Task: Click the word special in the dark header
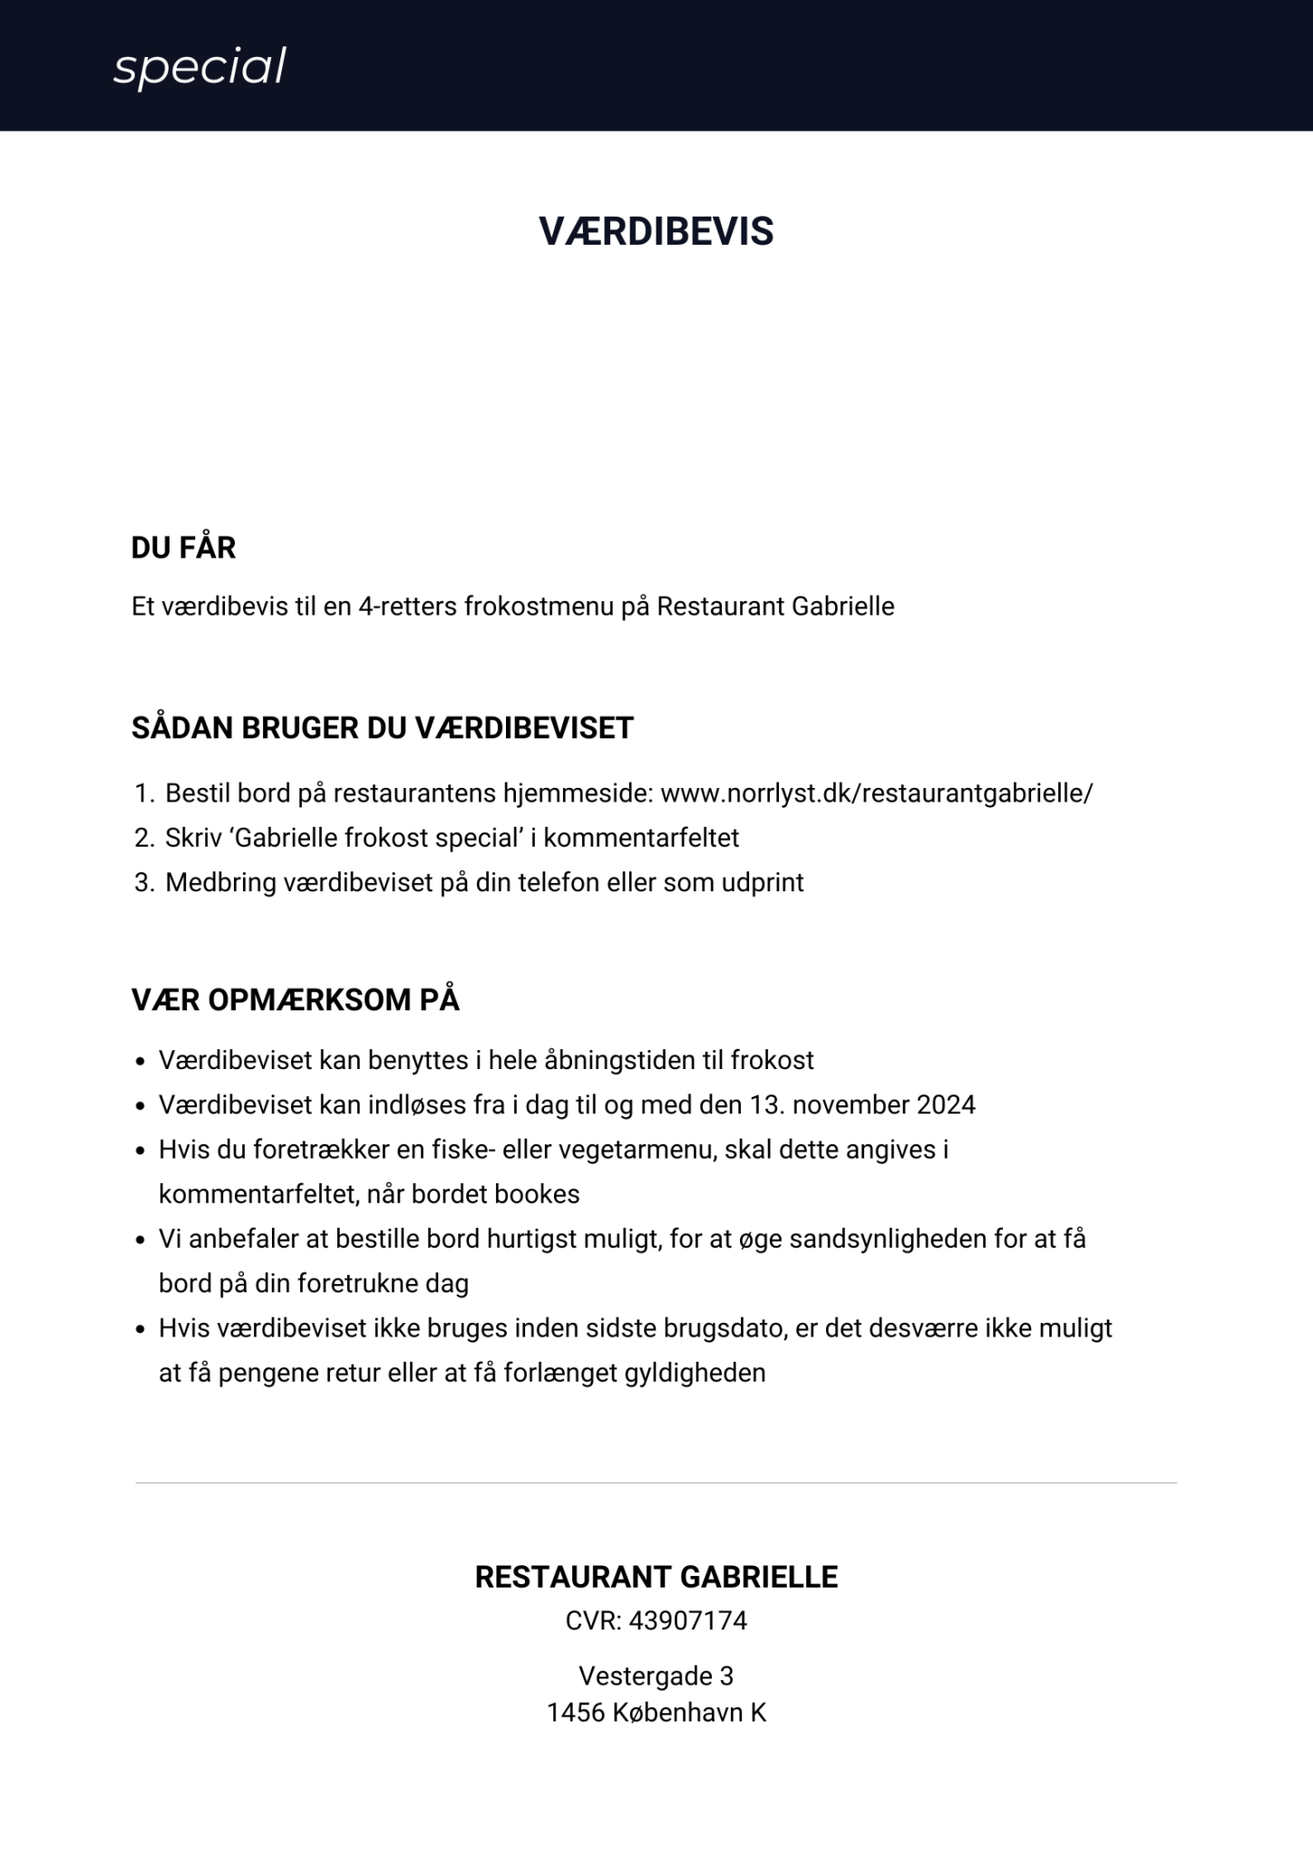[199, 67]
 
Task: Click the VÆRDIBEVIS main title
[656, 231]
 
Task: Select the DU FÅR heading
[183, 548]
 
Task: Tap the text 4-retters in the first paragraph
[408, 606]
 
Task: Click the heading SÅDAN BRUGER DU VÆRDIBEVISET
[382, 728]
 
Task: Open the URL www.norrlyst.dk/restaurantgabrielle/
[876, 793]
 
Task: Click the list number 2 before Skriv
[143, 838]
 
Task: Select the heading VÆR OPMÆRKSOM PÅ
[295, 1000]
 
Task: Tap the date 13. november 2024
[862, 1104]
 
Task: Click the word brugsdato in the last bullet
[722, 1328]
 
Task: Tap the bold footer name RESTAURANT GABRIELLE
[656, 1577]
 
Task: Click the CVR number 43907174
[688, 1620]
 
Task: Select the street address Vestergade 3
[656, 1676]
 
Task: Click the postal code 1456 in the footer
[575, 1713]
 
